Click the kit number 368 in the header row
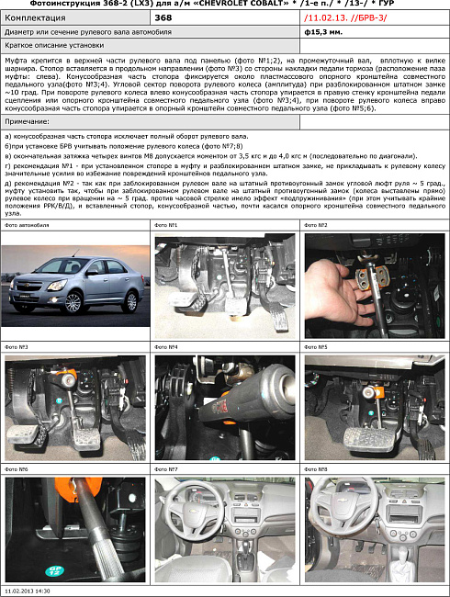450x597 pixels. point(163,17)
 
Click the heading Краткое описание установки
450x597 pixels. point(53,44)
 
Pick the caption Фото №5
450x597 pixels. point(315,347)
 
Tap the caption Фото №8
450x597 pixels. point(315,469)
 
